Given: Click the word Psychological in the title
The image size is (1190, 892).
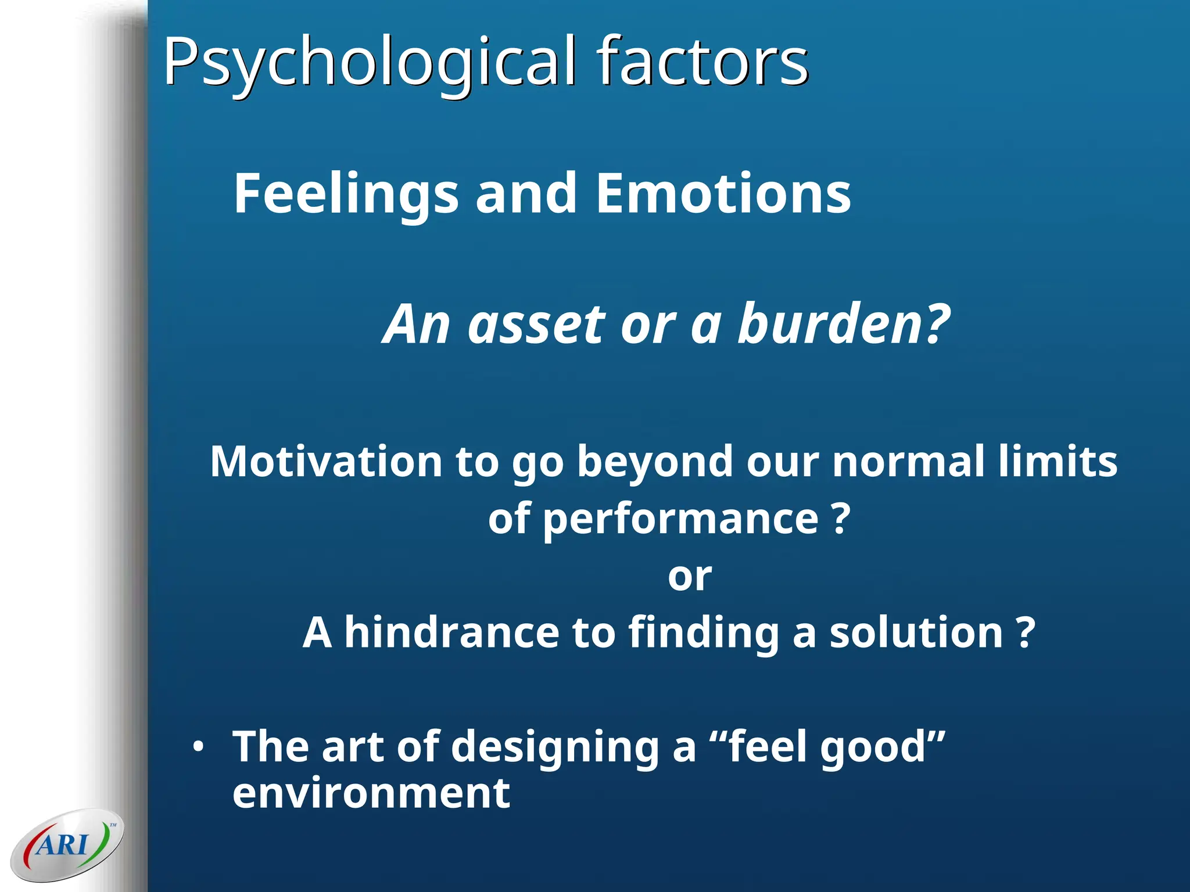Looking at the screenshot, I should (370, 63).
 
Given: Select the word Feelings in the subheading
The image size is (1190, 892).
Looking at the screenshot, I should (346, 195).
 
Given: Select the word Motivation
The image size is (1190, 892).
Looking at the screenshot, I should (326, 462).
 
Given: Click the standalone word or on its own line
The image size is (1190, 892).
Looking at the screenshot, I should (689, 577).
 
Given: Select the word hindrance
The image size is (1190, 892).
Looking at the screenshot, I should (451, 632).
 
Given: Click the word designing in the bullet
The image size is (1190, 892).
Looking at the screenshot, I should (555, 747).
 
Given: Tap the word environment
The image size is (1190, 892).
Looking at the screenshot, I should (371, 794).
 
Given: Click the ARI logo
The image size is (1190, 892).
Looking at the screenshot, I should (66, 844).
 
